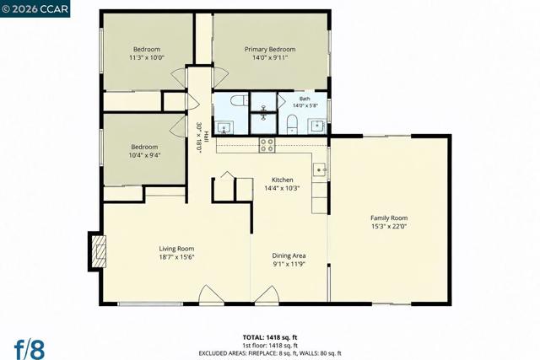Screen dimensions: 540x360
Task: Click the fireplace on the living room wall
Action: pyautogui.click(x=98, y=251)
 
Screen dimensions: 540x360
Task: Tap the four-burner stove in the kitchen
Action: pyautogui.click(x=267, y=145)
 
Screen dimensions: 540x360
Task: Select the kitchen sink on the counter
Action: pyautogui.click(x=320, y=170)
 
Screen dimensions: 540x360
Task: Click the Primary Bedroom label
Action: pyautogui.click(x=270, y=49)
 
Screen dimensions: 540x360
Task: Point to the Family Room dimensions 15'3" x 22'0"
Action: pyautogui.click(x=389, y=226)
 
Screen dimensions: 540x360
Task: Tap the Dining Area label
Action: pyautogui.click(x=289, y=255)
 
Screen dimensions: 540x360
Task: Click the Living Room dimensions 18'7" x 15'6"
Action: pyautogui.click(x=176, y=257)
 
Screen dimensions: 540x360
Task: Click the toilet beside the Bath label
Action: pyautogui.click(x=292, y=124)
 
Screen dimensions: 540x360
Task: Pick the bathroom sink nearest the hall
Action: pyautogui.click(x=224, y=127)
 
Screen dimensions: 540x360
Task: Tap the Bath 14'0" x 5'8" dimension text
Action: pyautogui.click(x=305, y=105)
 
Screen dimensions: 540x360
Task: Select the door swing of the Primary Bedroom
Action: pyautogui.click(x=221, y=78)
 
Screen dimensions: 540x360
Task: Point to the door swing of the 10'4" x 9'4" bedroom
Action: pyautogui.click(x=178, y=126)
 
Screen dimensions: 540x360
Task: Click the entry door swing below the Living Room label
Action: pyautogui.click(x=212, y=295)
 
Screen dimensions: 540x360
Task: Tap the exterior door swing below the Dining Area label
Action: pyautogui.click(x=267, y=295)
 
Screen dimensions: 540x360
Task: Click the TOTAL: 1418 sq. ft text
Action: pyautogui.click(x=270, y=337)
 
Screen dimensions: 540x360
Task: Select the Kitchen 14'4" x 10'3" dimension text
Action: pyautogui.click(x=282, y=188)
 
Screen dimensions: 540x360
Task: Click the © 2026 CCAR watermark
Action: pyautogui.click(x=35, y=8)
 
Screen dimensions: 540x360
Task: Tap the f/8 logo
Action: pyautogui.click(x=30, y=350)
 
